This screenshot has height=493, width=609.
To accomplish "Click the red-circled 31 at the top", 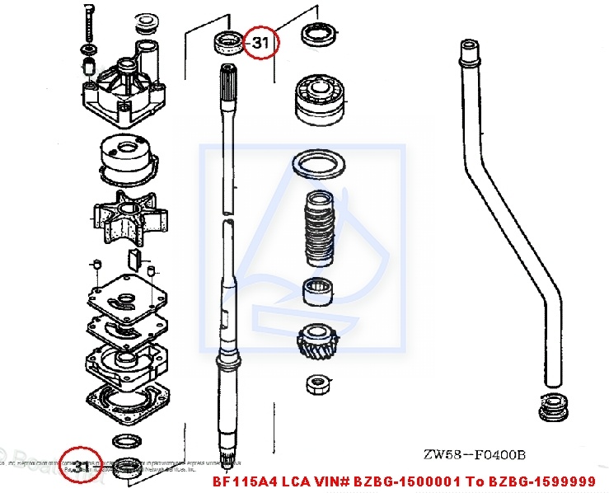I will click(260, 44).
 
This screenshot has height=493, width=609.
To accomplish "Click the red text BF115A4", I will click(243, 481).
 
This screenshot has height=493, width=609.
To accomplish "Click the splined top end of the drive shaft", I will click(227, 83).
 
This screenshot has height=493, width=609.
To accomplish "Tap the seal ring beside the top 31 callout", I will click(227, 40).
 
